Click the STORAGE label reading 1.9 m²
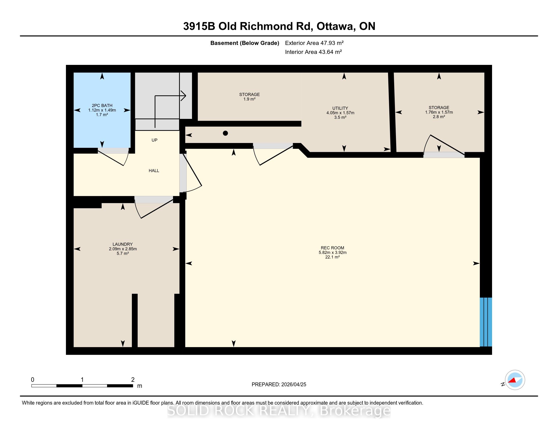click(x=249, y=97)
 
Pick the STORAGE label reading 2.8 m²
click(x=439, y=112)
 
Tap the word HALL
click(x=154, y=171)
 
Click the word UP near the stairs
click(x=154, y=140)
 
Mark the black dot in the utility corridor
click(x=225, y=133)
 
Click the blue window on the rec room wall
click(x=486, y=322)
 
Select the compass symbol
click(x=515, y=380)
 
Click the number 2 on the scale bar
click(x=133, y=380)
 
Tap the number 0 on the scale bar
click(x=32, y=380)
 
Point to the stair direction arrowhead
click(x=183, y=96)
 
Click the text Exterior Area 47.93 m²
click(x=314, y=43)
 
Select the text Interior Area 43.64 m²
click(x=313, y=52)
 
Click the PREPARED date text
click(x=279, y=385)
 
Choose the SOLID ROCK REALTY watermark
click(x=279, y=410)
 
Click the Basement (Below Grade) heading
click(x=245, y=43)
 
